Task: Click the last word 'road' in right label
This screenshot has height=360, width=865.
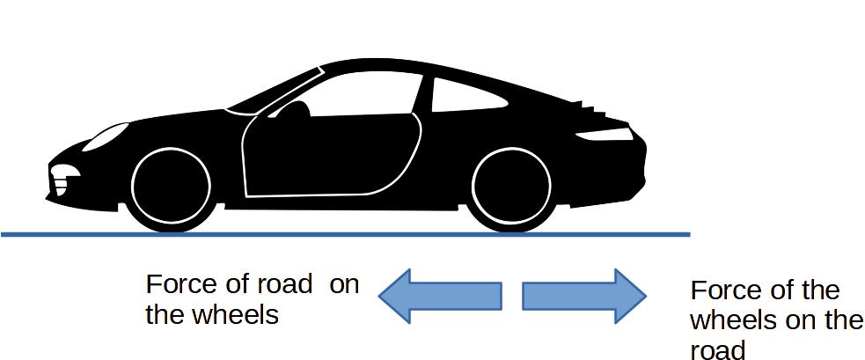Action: [718, 349]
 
